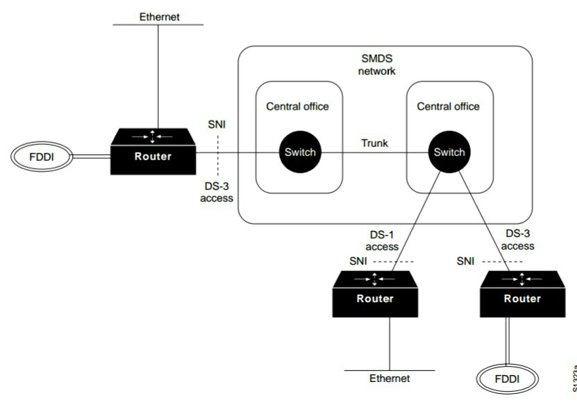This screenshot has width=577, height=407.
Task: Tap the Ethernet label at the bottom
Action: (390, 379)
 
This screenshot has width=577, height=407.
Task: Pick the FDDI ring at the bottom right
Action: (506, 379)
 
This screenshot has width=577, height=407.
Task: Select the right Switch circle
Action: (448, 153)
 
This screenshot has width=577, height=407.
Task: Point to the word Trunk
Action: (374, 144)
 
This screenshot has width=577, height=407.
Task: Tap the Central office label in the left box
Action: (297, 106)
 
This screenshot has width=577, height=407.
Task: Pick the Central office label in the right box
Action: (448, 106)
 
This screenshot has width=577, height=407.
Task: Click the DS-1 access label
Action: (381, 241)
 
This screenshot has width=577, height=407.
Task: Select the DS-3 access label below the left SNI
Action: (217, 192)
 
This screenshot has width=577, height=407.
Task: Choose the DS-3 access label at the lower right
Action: (517, 240)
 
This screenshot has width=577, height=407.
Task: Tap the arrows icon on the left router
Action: (153, 136)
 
